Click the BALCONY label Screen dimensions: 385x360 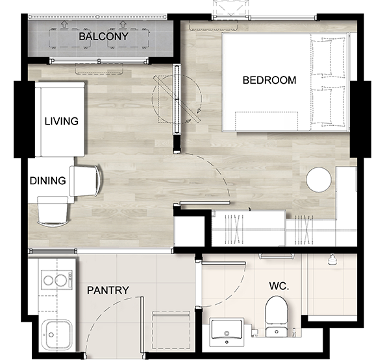point(103,36)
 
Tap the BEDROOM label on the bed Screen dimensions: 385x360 point(269,80)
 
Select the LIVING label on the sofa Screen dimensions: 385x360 point(62,121)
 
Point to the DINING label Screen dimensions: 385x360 point(47,181)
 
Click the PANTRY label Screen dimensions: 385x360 point(108,291)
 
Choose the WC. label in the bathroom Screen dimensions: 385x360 point(279,286)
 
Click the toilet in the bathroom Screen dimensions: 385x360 point(277,317)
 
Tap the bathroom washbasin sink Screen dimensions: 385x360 point(227,332)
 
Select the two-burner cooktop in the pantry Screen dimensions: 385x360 point(56,280)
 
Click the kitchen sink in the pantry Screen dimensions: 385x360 point(56,335)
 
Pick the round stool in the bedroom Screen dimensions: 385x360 point(319,180)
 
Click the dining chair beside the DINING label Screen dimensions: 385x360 point(86,181)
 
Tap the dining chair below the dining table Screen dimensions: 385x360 point(53,211)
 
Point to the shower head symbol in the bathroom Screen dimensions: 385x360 point(332,260)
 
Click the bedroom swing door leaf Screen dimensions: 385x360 point(205,203)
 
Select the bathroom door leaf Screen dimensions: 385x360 point(223,263)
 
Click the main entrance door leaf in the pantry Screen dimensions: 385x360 point(142,325)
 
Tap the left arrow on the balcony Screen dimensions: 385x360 point(64,25)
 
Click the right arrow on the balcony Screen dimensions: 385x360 point(122,25)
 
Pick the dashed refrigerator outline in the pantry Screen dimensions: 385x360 point(171,330)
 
